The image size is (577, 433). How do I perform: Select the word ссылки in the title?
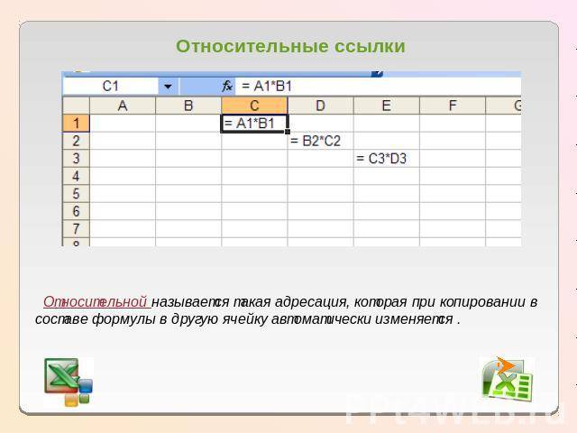pyautogui.click(x=370, y=47)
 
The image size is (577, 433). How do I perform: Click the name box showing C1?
pyautogui.click(x=111, y=87)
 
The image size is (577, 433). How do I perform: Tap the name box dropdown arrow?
pyautogui.click(x=168, y=87)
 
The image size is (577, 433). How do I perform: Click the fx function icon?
pyautogui.click(x=227, y=87)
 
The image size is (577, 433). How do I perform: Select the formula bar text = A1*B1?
pyautogui.click(x=267, y=87)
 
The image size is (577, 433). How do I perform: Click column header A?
pyautogui.click(x=123, y=106)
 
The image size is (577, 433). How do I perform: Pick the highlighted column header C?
pyautogui.click(x=254, y=106)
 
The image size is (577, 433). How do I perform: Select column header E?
pyautogui.click(x=387, y=106)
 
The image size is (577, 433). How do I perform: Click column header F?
pyautogui.click(x=453, y=106)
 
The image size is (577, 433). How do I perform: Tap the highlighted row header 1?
pyautogui.click(x=76, y=123)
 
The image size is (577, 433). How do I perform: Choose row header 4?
pyautogui.click(x=76, y=176)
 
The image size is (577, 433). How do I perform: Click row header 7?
pyautogui.click(x=76, y=228)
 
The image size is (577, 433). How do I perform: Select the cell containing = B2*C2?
pyautogui.click(x=320, y=141)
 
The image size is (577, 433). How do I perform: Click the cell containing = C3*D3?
pyautogui.click(x=387, y=159)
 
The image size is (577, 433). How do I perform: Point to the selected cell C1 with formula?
pyautogui.click(x=254, y=123)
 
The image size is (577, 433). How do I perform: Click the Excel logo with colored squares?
pyautogui.click(x=69, y=382)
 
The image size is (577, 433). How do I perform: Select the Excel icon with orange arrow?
pyautogui.click(x=507, y=379)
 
